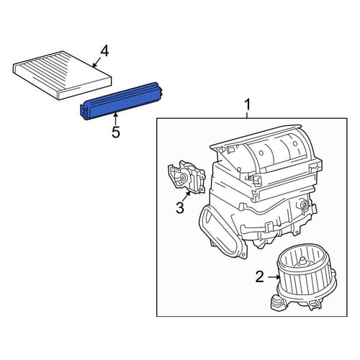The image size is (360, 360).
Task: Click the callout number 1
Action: [247, 105]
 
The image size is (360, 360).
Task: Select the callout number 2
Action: [260, 277]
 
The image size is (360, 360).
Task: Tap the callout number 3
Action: [180, 207]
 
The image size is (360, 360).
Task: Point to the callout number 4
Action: [104, 51]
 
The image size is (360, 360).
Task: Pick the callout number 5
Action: [116, 132]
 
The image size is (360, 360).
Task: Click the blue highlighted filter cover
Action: [122, 102]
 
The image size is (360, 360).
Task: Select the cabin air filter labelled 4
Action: [62, 75]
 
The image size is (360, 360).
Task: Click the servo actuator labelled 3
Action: [186, 177]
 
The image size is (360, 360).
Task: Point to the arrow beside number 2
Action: [274, 277]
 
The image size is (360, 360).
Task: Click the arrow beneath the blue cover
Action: [116, 119]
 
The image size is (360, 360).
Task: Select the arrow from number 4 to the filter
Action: [96, 63]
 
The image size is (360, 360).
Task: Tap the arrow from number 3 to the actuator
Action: [186, 197]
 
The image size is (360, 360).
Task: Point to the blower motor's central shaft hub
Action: [302, 262]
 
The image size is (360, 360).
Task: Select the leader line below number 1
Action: [247, 114]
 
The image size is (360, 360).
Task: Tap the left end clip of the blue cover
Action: [84, 112]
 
